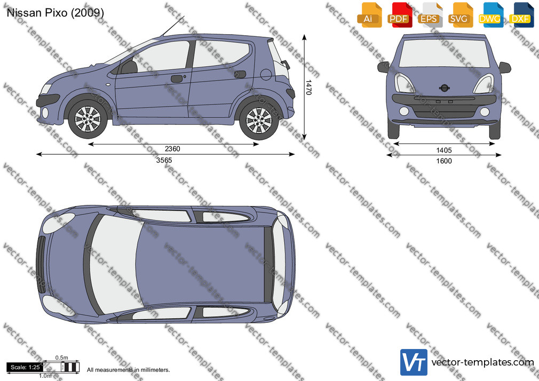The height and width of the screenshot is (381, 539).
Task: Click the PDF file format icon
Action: point(400,15)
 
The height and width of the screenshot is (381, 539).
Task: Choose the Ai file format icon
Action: point(369,15)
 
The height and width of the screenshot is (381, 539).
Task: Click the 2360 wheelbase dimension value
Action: point(172,149)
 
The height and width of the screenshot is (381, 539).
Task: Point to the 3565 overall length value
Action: point(164,160)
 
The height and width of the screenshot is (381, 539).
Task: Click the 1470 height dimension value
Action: point(308,88)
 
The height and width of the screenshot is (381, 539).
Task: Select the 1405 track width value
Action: point(444,150)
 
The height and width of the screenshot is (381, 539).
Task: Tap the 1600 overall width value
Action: point(444,161)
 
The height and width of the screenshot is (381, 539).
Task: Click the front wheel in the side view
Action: point(88,120)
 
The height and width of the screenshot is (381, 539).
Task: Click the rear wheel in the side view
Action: point(258,121)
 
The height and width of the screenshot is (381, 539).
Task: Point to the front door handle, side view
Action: point(177,79)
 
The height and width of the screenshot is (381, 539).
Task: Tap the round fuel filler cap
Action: point(266,74)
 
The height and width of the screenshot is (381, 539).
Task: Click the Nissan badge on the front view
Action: point(444,88)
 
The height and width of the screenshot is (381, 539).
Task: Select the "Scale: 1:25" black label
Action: point(25,367)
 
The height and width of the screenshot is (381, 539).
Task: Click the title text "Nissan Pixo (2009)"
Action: point(55,13)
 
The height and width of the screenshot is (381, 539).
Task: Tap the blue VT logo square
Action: point(414,362)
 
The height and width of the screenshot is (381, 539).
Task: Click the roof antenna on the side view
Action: point(173,26)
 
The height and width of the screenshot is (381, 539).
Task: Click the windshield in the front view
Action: point(444,53)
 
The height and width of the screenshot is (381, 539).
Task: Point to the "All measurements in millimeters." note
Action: point(128,370)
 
